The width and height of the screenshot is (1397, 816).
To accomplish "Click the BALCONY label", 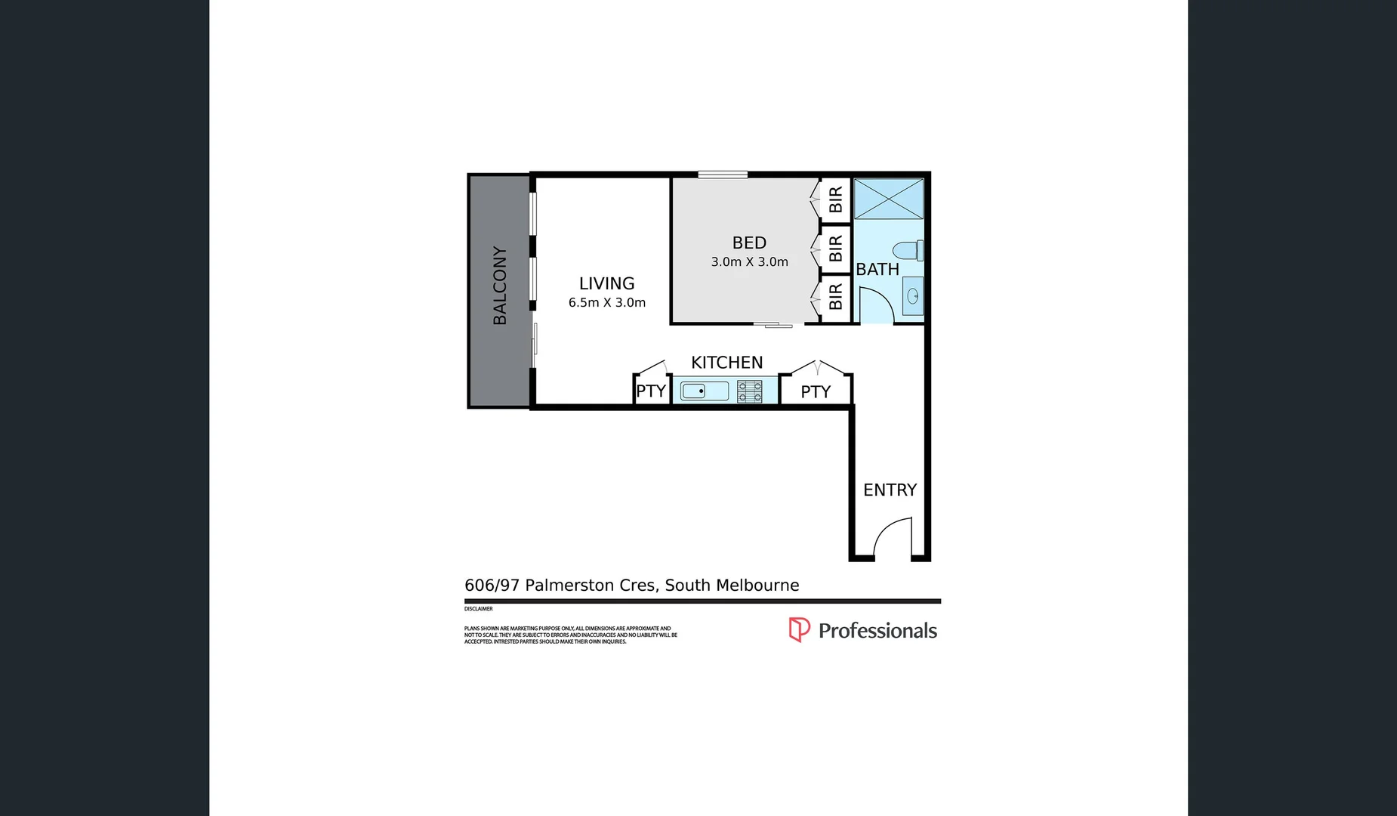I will (x=499, y=286).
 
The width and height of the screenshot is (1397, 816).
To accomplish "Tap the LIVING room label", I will (x=606, y=283).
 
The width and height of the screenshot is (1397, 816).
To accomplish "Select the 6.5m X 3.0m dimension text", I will (x=606, y=303).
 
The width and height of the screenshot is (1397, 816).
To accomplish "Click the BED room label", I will (x=749, y=243).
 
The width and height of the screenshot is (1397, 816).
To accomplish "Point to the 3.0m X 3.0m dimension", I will (x=749, y=262).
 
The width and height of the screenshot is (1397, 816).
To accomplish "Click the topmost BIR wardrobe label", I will (x=835, y=200).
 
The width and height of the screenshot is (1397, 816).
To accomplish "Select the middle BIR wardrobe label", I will (x=835, y=249).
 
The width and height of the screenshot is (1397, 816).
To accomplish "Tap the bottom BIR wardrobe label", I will (x=835, y=297).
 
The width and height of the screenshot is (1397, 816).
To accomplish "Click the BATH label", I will (x=877, y=270).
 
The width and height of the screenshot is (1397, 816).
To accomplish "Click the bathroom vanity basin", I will (x=912, y=296).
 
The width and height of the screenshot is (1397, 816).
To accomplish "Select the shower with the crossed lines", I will (x=889, y=199).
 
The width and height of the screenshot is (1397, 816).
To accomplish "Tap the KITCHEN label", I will (x=726, y=363).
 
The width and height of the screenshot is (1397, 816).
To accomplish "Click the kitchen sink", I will (x=704, y=391).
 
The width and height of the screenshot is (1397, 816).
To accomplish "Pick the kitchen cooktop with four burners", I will (x=750, y=391).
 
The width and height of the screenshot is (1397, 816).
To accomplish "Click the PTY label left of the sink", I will (x=650, y=391).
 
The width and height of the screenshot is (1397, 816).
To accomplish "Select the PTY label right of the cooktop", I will (x=816, y=392).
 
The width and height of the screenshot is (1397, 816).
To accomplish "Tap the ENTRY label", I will (x=890, y=490).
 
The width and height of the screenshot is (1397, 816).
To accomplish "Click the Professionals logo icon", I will (x=799, y=629).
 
